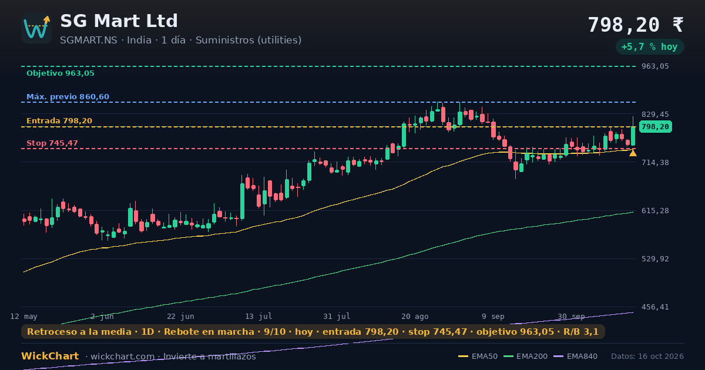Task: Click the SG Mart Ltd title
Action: pyautogui.click(x=119, y=21)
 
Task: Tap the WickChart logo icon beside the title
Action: pyautogui.click(x=36, y=28)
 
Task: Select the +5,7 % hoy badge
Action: pyautogui.click(x=650, y=47)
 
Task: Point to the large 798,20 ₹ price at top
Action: pyautogui.click(x=636, y=25)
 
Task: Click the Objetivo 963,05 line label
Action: pyautogui.click(x=61, y=73)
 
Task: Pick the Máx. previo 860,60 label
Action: pyautogui.click(x=68, y=96)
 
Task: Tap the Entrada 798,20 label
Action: pyautogui.click(x=59, y=121)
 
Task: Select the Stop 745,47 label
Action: pyautogui.click(x=52, y=143)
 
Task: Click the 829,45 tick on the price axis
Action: pyautogui.click(x=655, y=114)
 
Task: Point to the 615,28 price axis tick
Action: pyautogui.click(x=655, y=210)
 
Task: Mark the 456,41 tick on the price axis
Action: pyautogui.click(x=655, y=307)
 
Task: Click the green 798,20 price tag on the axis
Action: pyautogui.click(x=656, y=127)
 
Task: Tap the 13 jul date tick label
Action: pyautogui.click(x=258, y=316)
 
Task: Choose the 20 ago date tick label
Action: pyautogui.click(x=415, y=316)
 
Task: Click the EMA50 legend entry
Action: pyautogui.click(x=478, y=356)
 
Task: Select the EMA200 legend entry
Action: pyautogui.click(x=525, y=356)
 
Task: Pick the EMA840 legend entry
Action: pyautogui.click(x=575, y=356)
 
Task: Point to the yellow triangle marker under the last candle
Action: pyautogui.click(x=633, y=153)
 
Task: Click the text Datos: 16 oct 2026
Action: pyautogui.click(x=647, y=356)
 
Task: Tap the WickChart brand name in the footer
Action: pyautogui.click(x=50, y=356)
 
